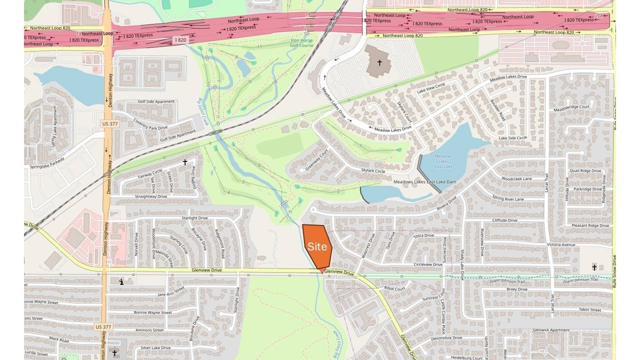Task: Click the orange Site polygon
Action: click(317, 246)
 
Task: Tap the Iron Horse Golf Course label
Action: click(302, 42)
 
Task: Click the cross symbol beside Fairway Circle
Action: click(185, 162)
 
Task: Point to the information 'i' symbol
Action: click(121, 282)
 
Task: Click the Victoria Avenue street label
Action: click(561, 244)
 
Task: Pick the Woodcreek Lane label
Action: click(516, 178)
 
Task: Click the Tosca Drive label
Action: click(423, 235)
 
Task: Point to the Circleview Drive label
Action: click(428, 264)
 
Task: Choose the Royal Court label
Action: click(395, 288)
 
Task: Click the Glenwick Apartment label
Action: click(551, 330)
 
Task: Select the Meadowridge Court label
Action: click(571, 107)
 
